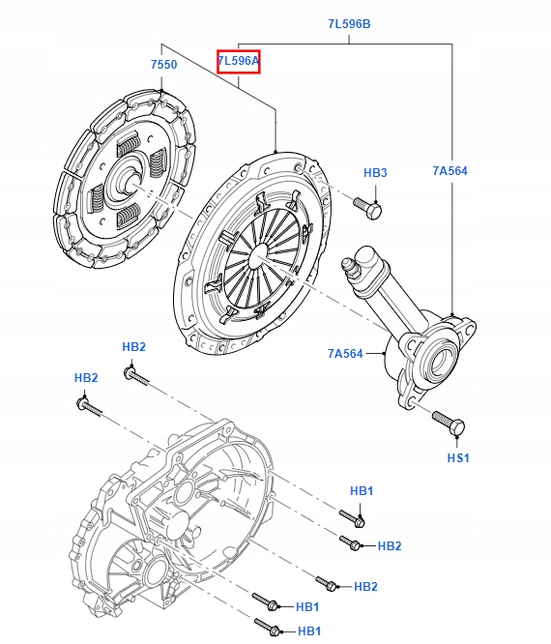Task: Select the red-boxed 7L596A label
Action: tap(238, 62)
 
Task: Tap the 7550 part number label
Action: tap(163, 65)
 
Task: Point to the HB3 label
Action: tap(375, 173)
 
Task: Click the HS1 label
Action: tap(457, 457)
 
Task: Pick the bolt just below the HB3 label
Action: tap(369, 207)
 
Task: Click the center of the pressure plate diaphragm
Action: tap(256, 254)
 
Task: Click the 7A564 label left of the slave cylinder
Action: tap(344, 353)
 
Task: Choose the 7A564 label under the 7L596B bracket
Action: tap(449, 171)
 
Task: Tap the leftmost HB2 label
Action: tap(87, 377)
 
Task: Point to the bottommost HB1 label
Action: tap(309, 631)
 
